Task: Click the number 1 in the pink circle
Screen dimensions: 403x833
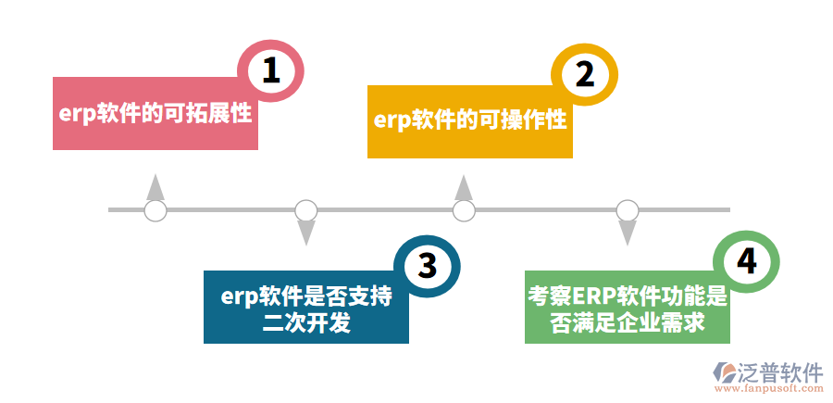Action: pos(270,70)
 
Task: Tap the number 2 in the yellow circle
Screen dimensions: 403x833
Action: pos(584,73)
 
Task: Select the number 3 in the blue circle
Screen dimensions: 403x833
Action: pos(427,266)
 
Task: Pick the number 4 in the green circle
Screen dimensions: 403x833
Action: pos(746,261)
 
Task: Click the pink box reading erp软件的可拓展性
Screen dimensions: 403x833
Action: pos(155,115)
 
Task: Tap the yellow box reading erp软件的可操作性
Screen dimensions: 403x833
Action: pos(469,121)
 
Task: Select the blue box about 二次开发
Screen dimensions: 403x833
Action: pos(305,309)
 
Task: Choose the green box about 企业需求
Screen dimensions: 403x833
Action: pos(627,309)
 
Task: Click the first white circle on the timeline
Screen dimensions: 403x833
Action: pos(155,210)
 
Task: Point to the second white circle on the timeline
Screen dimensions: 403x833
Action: pos(306,210)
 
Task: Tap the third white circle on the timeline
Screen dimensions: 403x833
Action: pos(464,210)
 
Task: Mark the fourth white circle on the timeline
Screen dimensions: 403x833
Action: pos(628,210)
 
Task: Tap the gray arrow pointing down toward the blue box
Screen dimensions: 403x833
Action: pos(306,233)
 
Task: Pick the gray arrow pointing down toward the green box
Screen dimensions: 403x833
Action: pos(628,233)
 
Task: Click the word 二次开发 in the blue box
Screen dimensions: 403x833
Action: pos(306,322)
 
